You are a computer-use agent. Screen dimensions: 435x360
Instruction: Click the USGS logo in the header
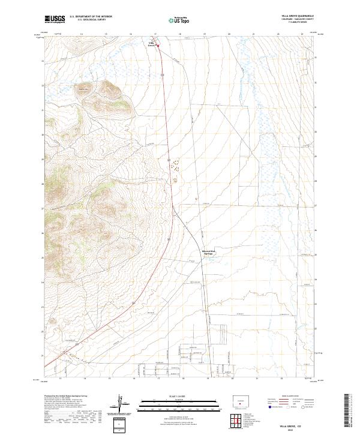(x=55, y=19)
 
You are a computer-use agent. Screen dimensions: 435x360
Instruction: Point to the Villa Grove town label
(x=152, y=43)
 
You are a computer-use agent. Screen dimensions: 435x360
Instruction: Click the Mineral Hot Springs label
(x=208, y=252)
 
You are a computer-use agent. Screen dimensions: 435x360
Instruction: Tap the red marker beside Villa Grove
(x=158, y=44)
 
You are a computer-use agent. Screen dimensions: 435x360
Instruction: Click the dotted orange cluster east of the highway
(x=175, y=170)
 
